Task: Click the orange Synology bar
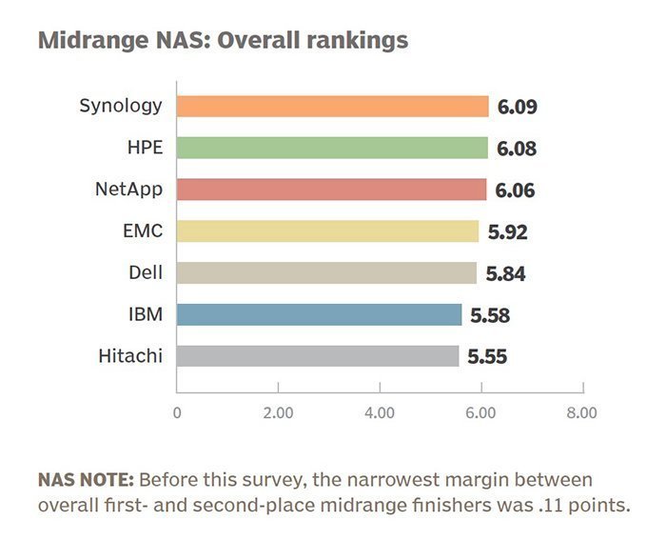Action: pyautogui.click(x=332, y=106)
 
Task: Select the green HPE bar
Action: pyautogui.click(x=332, y=148)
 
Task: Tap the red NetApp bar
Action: pyautogui.click(x=331, y=190)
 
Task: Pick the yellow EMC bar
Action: pyautogui.click(x=327, y=231)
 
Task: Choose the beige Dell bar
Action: pyautogui.click(x=326, y=273)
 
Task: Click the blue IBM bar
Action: pyautogui.click(x=319, y=315)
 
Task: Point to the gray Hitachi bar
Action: pyautogui.click(x=318, y=356)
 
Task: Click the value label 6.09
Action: pyautogui.click(x=518, y=107)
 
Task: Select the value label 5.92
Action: pyautogui.click(x=507, y=232)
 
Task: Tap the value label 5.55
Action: pyautogui.click(x=487, y=358)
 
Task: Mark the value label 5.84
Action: pyautogui.click(x=505, y=274)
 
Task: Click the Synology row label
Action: pyautogui.click(x=120, y=106)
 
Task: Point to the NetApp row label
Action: pyautogui.click(x=128, y=189)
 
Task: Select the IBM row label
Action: pyautogui.click(x=146, y=314)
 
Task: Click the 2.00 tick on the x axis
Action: pyautogui.click(x=278, y=413)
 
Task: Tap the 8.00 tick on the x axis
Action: pyautogui.click(x=581, y=413)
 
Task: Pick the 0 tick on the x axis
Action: pyautogui.click(x=177, y=413)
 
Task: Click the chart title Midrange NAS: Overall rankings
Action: pyautogui.click(x=223, y=41)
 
